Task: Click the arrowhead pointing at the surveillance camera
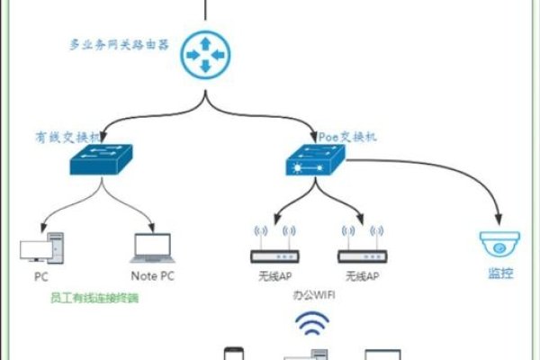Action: [x=498, y=219]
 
